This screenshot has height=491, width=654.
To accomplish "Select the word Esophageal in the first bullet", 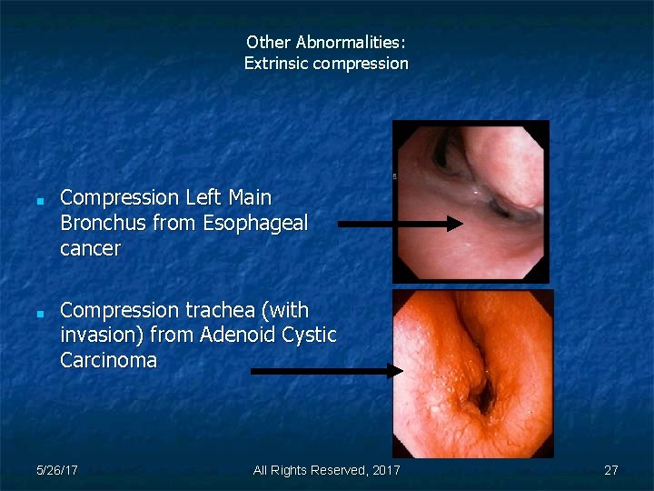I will pos(256,223).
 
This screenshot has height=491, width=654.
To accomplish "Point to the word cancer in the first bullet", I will pos(90,248).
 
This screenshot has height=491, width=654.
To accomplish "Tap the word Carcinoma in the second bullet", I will pos(108,361).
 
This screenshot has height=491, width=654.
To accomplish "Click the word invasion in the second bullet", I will pos(100,336).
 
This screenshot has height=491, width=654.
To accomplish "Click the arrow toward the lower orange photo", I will pos(327,370).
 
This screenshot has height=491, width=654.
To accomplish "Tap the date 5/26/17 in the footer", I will pos(56,470).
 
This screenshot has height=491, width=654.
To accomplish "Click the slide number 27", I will pos(611,470).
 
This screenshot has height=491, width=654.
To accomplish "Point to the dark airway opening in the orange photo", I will pos(482,396).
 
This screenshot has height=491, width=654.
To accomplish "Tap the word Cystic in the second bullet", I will pos(309,336).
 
